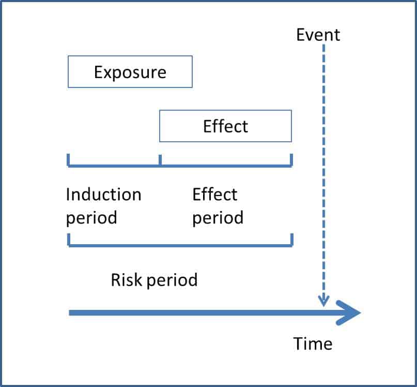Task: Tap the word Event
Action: point(318,35)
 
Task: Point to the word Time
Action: point(313,344)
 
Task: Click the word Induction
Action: point(103,194)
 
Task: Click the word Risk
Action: point(126,280)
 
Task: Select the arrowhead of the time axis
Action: point(348,312)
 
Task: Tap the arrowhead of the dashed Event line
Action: point(323,301)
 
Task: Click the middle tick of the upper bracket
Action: point(160,160)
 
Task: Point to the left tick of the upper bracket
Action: point(68,160)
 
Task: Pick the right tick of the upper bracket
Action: point(291,160)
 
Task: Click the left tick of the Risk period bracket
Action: point(69,240)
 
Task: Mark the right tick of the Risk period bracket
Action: point(292,240)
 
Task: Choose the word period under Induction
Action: point(91,218)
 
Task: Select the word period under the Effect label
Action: point(218,218)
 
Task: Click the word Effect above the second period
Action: point(215,194)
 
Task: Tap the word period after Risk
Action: point(172,280)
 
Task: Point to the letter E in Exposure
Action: point(99,72)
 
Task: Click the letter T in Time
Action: point(298,344)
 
